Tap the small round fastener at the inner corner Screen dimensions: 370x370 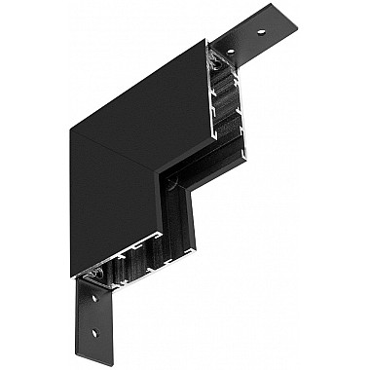coord(171,181)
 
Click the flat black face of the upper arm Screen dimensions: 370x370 coord(146,97)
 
